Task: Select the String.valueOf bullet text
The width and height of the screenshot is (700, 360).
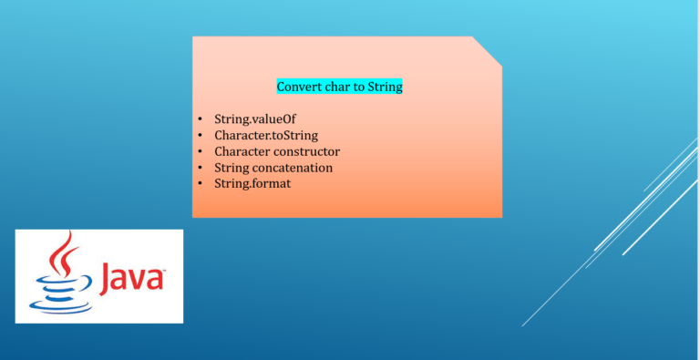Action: coord(255,118)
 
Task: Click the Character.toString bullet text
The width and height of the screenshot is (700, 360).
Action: coord(266,135)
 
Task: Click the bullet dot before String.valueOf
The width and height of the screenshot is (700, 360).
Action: coord(200,119)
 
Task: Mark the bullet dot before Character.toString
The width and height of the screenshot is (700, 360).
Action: coord(200,136)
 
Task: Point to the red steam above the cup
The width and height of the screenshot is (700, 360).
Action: coord(63,252)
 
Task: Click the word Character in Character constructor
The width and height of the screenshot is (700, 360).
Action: coord(243,151)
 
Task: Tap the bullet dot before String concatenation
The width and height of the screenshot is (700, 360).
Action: coord(200,169)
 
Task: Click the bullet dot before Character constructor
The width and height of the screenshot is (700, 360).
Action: coord(200,152)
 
